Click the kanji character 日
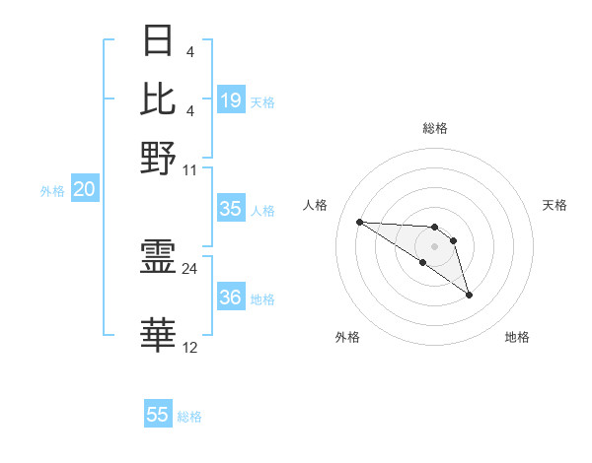click(159, 41)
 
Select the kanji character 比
click(159, 99)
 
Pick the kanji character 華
click(159, 336)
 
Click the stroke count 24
click(190, 268)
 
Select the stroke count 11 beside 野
click(190, 169)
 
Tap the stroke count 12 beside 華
click(190, 347)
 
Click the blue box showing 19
click(231, 100)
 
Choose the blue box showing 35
click(231, 209)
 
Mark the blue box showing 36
click(231, 298)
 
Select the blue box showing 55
click(158, 415)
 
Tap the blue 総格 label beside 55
click(189, 417)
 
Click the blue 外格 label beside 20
click(52, 192)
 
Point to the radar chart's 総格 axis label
click(435, 128)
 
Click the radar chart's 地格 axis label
click(517, 337)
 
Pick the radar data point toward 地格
click(469, 294)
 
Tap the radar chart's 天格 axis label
click(555, 205)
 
